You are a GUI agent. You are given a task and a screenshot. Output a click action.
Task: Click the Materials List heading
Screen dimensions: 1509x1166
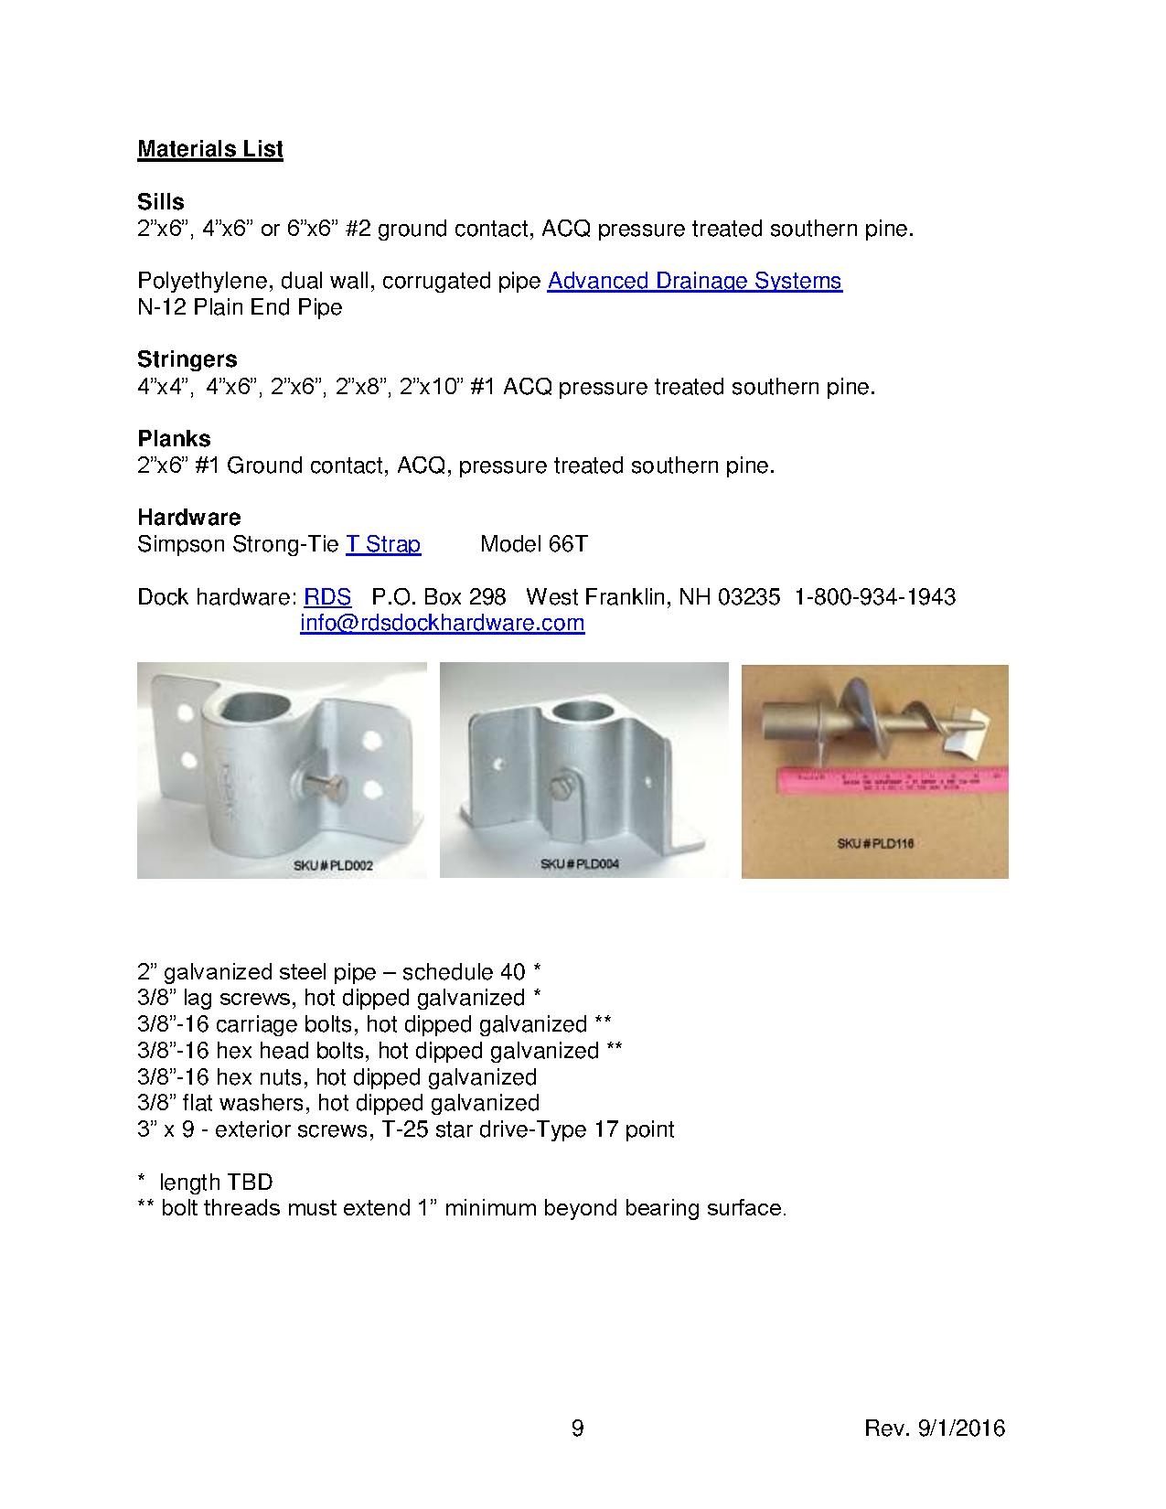click(x=210, y=149)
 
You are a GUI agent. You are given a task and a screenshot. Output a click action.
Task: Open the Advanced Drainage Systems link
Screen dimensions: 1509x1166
click(x=694, y=281)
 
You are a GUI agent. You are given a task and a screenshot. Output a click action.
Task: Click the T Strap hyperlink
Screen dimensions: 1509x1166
click(x=382, y=545)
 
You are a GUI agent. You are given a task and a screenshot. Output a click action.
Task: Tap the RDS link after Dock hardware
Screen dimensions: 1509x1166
click(x=327, y=597)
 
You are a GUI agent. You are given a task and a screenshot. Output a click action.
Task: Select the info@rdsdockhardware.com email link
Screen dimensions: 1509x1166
click(x=442, y=624)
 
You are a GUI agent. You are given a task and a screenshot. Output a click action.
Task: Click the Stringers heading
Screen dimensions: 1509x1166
click(x=187, y=359)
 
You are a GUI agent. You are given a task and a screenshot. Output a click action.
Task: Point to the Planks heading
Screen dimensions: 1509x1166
click(x=174, y=439)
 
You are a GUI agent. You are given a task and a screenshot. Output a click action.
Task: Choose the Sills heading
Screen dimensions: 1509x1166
click(x=160, y=202)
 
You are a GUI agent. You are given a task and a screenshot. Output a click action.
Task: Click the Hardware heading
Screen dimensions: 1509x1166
click(x=188, y=519)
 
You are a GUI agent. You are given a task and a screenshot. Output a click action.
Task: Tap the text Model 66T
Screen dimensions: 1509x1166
click(x=533, y=545)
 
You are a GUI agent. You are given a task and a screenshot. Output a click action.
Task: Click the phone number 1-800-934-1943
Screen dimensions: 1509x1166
click(x=875, y=597)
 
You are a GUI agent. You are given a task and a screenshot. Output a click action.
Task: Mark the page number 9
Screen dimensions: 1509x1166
click(x=577, y=1428)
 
